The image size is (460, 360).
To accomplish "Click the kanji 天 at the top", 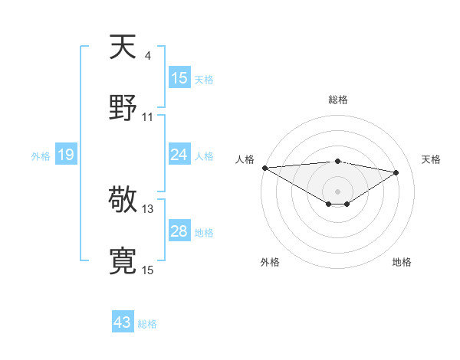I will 123,47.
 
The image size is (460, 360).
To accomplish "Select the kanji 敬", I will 123,201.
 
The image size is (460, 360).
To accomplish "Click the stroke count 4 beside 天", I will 148,55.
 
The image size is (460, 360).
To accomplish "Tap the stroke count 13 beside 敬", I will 148,208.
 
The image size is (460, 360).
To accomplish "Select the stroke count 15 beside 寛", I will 148,270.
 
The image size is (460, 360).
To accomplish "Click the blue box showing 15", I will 179,78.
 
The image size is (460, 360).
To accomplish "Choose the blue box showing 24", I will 179,155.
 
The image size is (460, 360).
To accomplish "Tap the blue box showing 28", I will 179,231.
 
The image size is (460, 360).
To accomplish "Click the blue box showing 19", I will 66,155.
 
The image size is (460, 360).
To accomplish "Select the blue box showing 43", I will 123,322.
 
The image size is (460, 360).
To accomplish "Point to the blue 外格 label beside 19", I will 41,155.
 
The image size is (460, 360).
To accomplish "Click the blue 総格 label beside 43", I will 147,323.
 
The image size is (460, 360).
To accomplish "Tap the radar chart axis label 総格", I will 337,100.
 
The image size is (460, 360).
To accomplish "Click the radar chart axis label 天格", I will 432,159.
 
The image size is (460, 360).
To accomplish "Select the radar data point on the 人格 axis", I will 264,167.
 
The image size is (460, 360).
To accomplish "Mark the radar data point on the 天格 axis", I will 396,172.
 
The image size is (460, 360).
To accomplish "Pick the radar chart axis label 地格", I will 402,262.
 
